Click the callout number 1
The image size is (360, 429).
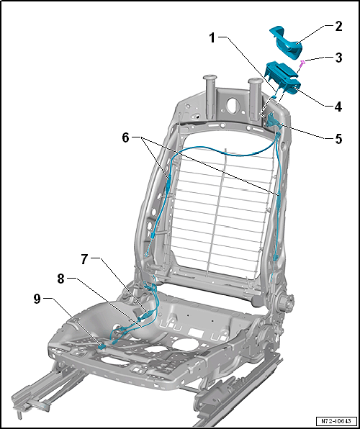pos(212,38)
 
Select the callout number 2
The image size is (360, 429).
pos(338,26)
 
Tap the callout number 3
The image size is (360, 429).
pos(338,58)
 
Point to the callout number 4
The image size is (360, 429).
pos(338,107)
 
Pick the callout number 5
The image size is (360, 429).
pos(338,139)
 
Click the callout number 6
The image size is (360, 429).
pos(125,138)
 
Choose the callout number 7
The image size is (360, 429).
pos(85,259)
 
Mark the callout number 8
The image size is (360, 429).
pos(61,279)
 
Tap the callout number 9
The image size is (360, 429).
pos(37,299)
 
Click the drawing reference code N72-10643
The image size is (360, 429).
pos(336,420)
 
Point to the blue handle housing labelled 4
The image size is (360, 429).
pos(282,78)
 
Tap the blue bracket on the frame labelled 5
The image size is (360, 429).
pos(272,120)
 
